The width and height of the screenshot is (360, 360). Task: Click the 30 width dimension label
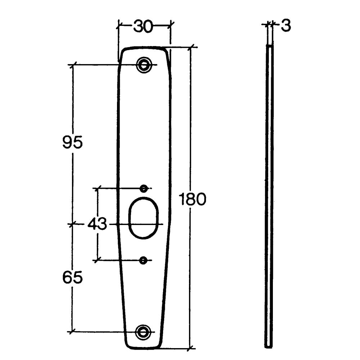coord(143,26)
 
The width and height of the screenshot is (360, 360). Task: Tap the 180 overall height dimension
coord(193,199)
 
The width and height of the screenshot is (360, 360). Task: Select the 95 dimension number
coord(72,143)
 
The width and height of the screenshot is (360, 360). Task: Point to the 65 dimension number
coord(72,278)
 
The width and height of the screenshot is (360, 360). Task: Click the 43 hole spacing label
coord(97,225)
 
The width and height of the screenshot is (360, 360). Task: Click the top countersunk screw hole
coord(144,65)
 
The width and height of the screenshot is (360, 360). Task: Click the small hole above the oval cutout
coord(144,188)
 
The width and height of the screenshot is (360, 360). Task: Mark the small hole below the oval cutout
coord(144,260)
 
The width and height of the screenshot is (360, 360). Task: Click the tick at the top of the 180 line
coord(191,47)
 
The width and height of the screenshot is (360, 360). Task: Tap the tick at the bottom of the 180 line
coord(191,348)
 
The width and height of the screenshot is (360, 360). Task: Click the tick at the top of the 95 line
coord(73,65)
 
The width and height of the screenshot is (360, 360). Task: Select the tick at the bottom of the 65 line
coord(73,332)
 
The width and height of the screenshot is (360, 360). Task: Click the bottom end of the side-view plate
coord(269,346)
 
